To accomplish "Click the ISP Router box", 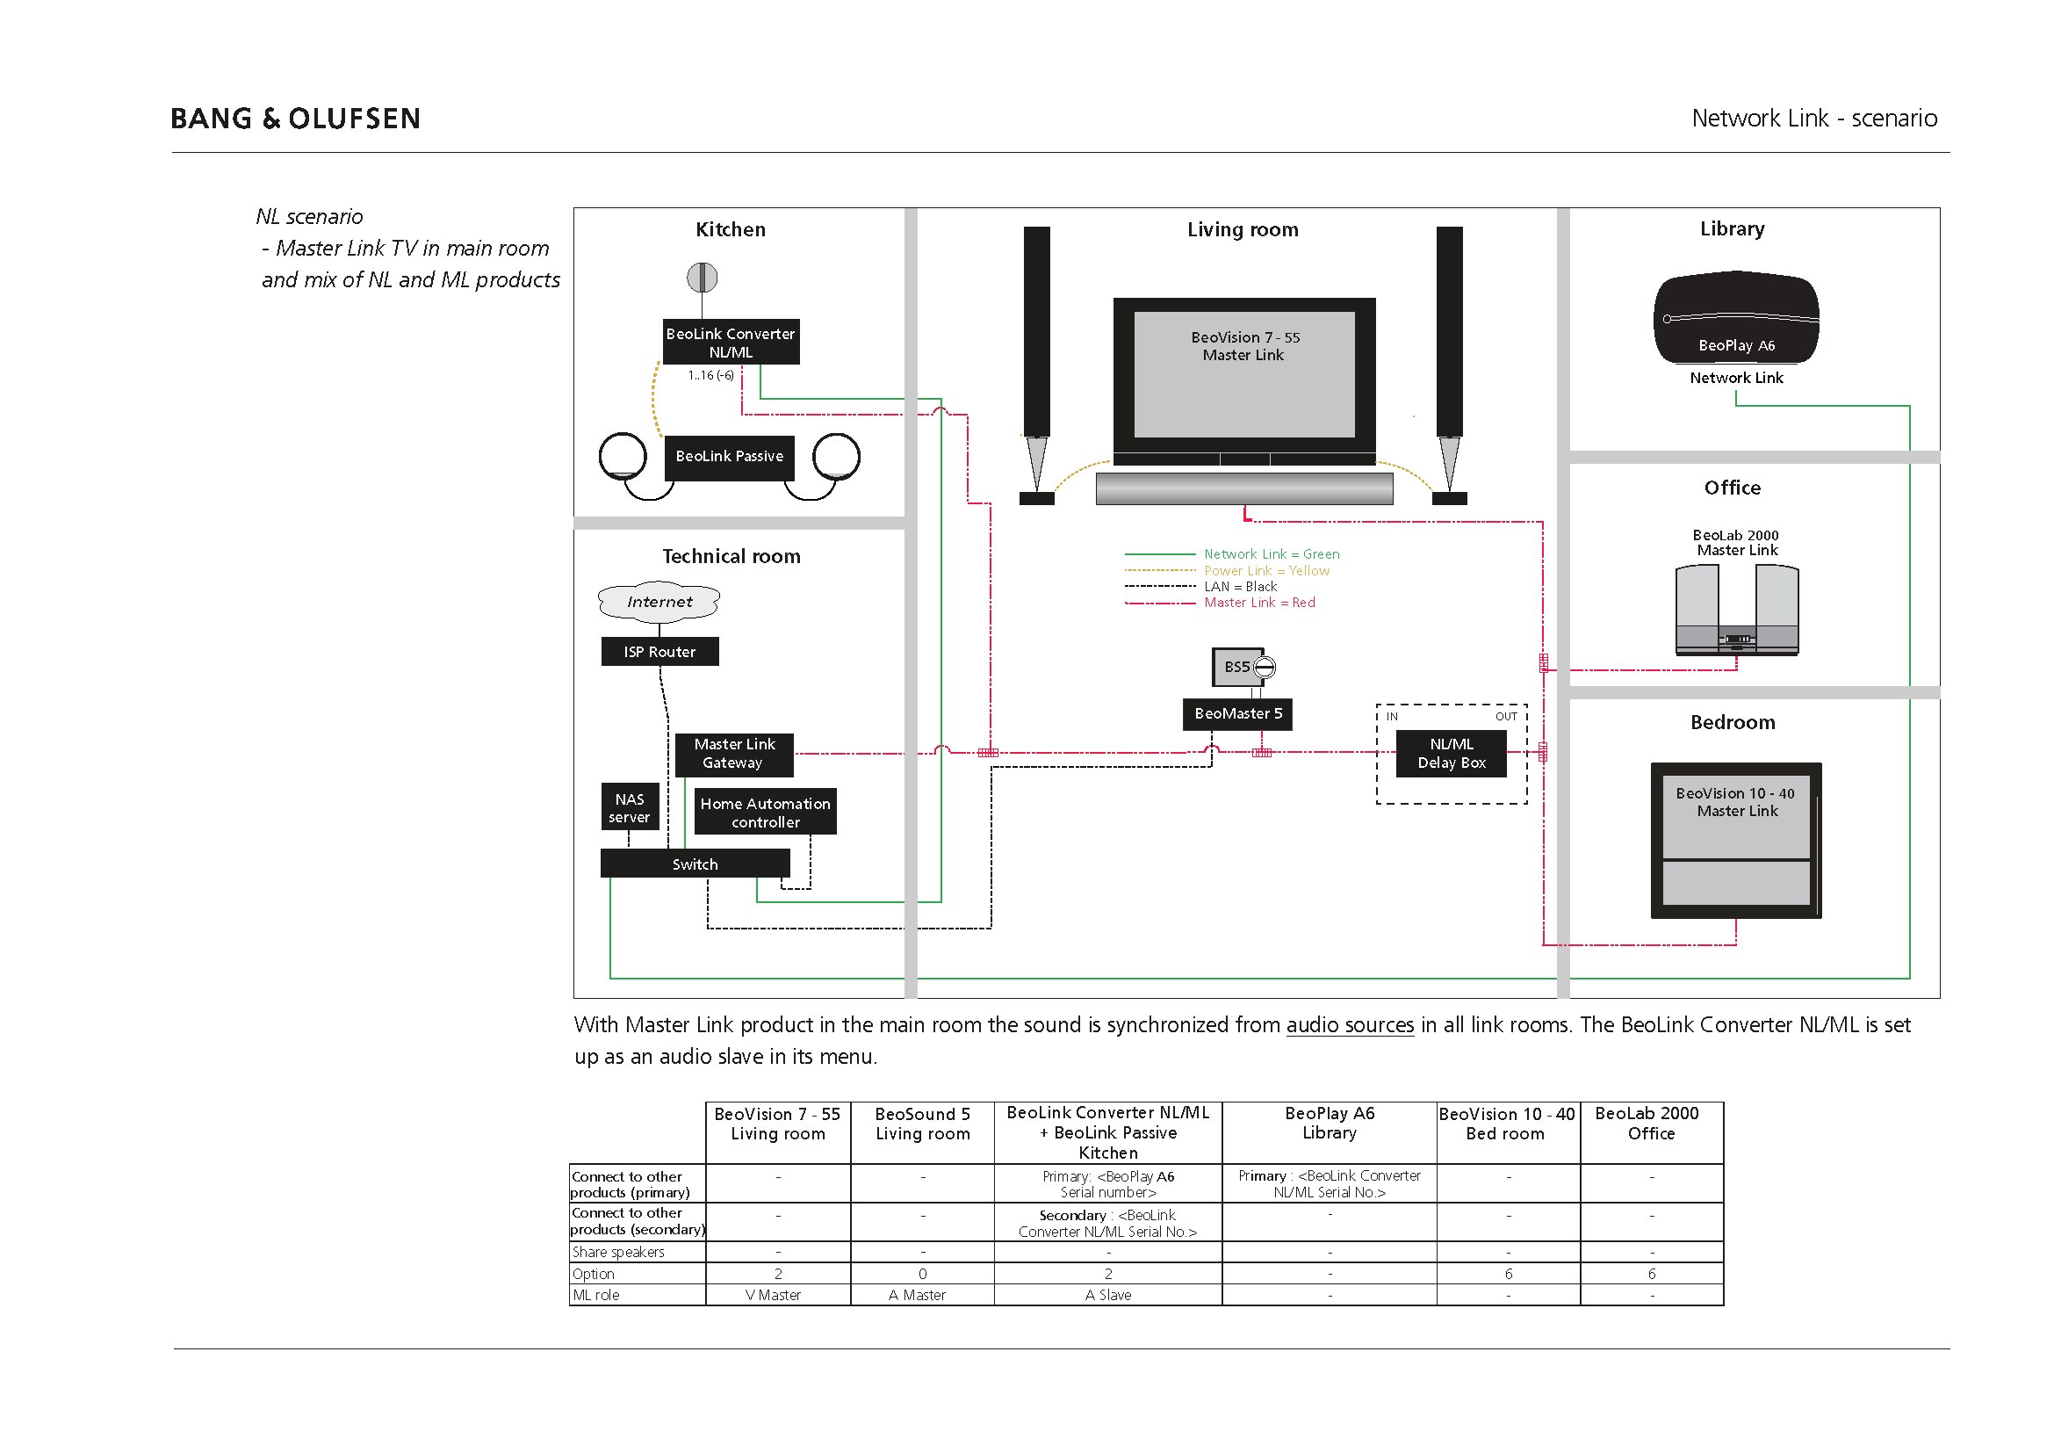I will pyautogui.click(x=659, y=651).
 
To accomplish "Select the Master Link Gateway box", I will pyautogui.click(x=733, y=754).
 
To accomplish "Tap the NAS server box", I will pyautogui.click(x=630, y=807).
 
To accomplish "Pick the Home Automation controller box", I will pyautogui.click(x=765, y=813).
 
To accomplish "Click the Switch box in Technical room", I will pyautogui.click(x=695, y=864).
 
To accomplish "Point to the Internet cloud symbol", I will pyautogui.click(x=659, y=601).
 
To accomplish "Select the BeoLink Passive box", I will pyautogui.click(x=729, y=456).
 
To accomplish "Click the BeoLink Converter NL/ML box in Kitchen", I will pyautogui.click(x=731, y=342).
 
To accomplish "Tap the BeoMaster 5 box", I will pyautogui.click(x=1237, y=713).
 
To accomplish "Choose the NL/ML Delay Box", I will pyautogui.click(x=1451, y=754).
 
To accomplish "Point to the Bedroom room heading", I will pyautogui.click(x=1732, y=722).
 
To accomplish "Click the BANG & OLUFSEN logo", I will pyautogui.click(x=295, y=118).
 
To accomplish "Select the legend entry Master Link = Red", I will pyautogui.click(x=1258, y=602).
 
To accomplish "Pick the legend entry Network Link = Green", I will pyautogui.click(x=1272, y=553).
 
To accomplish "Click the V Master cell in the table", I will pyautogui.click(x=777, y=1295).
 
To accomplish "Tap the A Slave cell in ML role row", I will pyautogui.click(x=1107, y=1295).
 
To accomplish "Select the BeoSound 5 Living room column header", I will pyautogui.click(x=922, y=1124).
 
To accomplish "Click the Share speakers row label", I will pyautogui.click(x=618, y=1252).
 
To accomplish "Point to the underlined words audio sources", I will pyautogui.click(x=1350, y=1024).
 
